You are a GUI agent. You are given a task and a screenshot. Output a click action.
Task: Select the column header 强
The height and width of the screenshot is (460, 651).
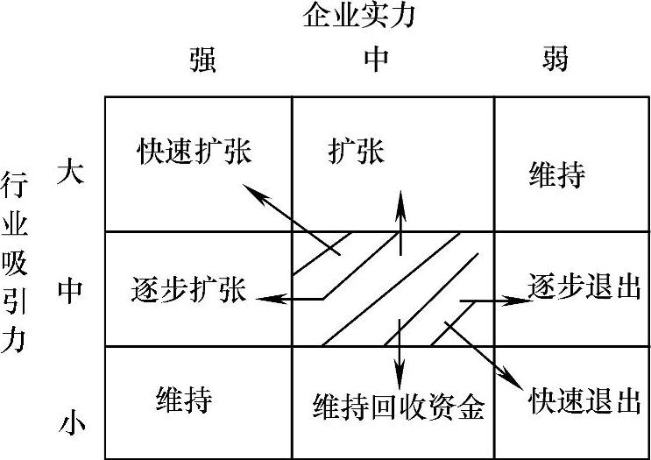[202, 60]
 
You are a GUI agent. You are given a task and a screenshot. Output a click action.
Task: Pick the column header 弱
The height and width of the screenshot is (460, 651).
[555, 60]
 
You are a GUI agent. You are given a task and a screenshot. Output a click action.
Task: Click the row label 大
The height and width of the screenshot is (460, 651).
[70, 169]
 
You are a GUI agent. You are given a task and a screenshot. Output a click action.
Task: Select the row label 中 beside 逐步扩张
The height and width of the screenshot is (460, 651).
[70, 290]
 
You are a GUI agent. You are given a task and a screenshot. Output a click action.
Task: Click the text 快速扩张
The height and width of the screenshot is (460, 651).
[194, 152]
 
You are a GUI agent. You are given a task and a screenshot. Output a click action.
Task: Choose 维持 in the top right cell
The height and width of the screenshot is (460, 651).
[556, 175]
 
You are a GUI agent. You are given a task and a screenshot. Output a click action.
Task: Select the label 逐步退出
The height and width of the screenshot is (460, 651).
[584, 287]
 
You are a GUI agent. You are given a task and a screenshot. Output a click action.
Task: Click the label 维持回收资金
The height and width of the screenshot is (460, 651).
[398, 405]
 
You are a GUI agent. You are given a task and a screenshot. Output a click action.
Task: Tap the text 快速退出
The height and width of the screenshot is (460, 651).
[584, 401]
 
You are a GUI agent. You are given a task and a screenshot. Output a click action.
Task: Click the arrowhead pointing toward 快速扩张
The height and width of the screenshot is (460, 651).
[250, 190]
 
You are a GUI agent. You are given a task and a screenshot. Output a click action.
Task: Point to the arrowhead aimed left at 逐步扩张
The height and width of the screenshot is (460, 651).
[264, 299]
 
